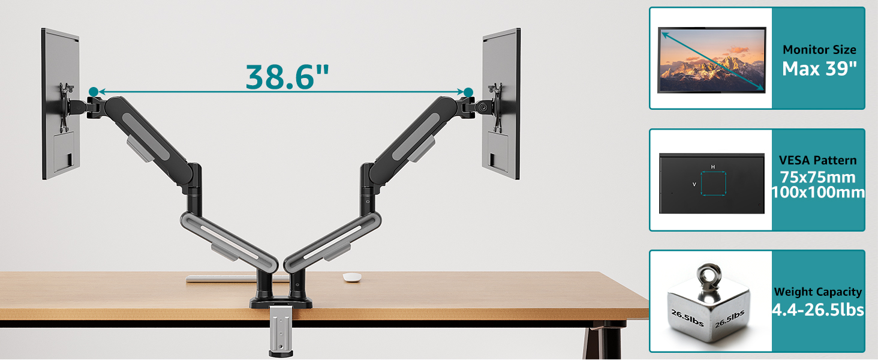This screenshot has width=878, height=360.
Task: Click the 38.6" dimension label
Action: pos(287,75)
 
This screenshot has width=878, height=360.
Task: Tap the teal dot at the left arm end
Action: pos(93,91)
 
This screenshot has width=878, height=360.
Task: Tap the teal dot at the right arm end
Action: pos(468,91)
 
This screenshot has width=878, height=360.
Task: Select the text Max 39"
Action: pos(818,68)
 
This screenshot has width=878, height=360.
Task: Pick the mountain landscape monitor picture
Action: pos(712,60)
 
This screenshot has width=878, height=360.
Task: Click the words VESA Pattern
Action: pos(817,160)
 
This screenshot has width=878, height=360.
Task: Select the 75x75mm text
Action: pos(817,178)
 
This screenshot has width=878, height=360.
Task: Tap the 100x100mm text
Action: pos(818,193)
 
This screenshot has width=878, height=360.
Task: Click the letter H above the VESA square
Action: pos(713,166)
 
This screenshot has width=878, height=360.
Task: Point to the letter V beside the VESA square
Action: pos(694,184)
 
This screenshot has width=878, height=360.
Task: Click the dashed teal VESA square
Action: pos(714,184)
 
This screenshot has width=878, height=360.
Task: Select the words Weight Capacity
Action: pos(818,292)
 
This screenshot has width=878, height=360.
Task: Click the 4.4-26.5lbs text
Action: pos(818,310)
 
